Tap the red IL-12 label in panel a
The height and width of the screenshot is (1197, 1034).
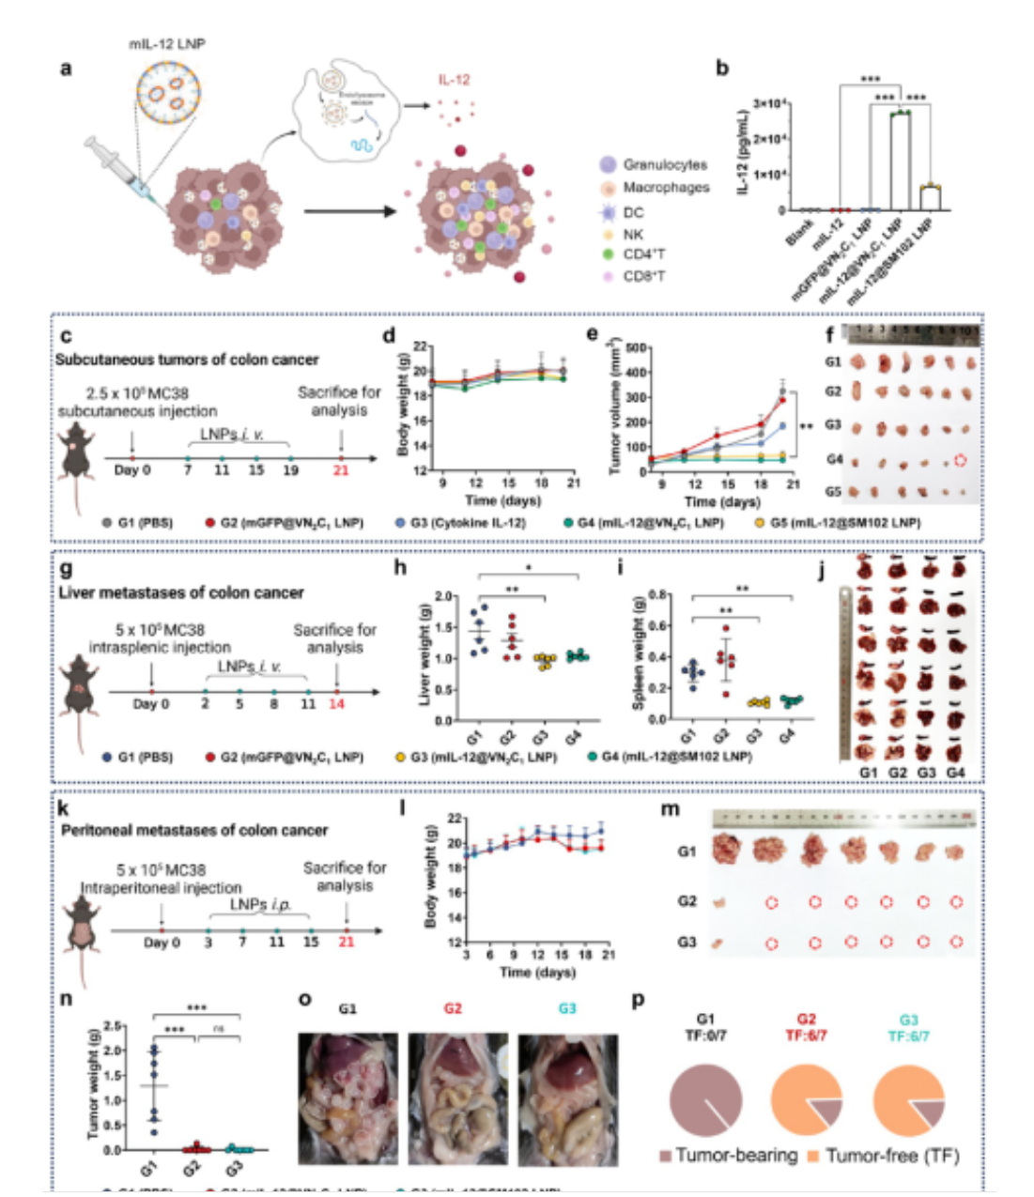tap(454, 81)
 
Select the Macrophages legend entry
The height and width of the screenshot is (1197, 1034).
tap(665, 188)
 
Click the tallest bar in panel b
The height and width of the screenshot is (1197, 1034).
tap(901, 161)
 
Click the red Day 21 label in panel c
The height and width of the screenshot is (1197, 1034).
tap(340, 469)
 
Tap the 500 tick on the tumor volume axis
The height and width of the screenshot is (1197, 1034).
tap(637, 348)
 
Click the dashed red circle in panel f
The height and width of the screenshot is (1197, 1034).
tap(960, 460)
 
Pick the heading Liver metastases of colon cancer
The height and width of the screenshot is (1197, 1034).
tap(181, 592)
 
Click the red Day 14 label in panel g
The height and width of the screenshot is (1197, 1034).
tap(336, 703)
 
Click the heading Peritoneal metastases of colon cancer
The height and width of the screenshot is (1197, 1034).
tap(194, 830)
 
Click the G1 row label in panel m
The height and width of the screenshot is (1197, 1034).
tap(687, 852)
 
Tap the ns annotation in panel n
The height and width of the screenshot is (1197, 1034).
tap(218, 1029)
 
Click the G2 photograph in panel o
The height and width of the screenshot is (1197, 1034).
tap(456, 1098)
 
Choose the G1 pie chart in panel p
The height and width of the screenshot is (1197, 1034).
tap(706, 1099)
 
